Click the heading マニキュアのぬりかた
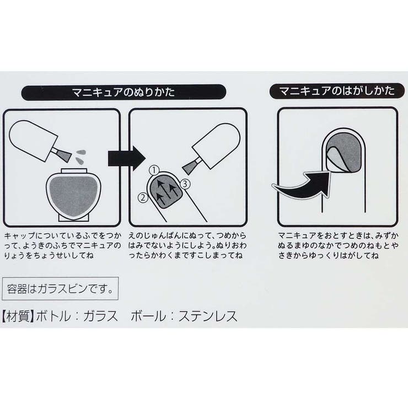point(124,92)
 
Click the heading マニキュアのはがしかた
point(337,91)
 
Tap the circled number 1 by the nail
point(154,170)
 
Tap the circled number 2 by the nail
point(143,198)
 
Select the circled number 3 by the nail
point(185,184)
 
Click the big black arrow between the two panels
point(126,158)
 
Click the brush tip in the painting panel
point(189,168)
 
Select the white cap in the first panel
point(33,141)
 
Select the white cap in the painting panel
point(216,146)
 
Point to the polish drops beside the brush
point(80,157)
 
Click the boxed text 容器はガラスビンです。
point(60,289)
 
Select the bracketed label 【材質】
point(18,316)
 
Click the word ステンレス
point(208,316)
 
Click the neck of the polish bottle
point(74,171)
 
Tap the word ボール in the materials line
point(148,316)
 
